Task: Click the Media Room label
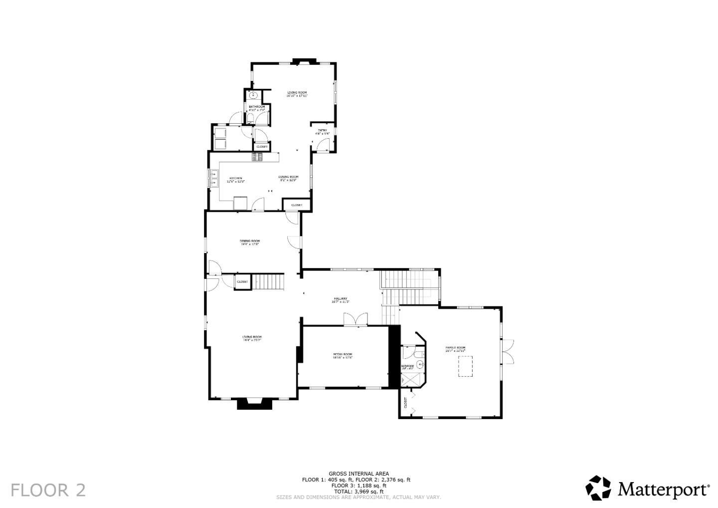click(343, 356)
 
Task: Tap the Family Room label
click(455, 349)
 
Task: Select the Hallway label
click(340, 300)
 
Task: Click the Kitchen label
click(236, 180)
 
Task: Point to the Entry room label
click(323, 132)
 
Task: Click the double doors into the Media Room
click(356, 320)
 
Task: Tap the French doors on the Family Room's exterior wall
click(508, 351)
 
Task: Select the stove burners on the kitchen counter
click(257, 157)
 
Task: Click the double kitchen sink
click(213, 178)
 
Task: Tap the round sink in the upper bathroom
click(253, 95)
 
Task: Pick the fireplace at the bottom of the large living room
click(255, 403)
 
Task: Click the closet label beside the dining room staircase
click(242, 282)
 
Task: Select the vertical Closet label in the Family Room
click(405, 403)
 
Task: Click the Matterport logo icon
click(598, 488)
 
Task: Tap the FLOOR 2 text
click(48, 490)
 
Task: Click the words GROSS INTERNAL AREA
click(359, 474)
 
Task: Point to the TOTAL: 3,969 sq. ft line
click(359, 492)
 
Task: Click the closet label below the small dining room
click(297, 205)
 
